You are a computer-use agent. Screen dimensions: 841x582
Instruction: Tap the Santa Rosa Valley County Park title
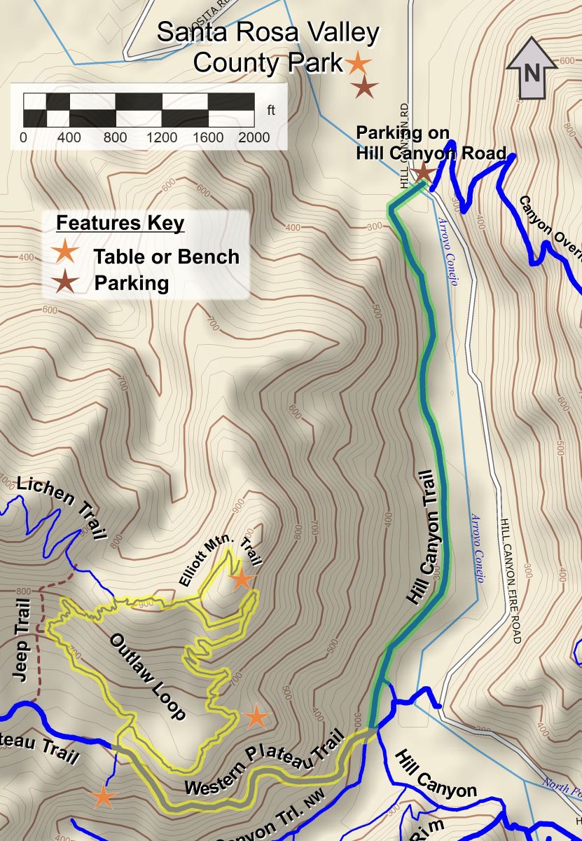[268, 48]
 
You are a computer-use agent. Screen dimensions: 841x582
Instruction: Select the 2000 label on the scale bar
[253, 137]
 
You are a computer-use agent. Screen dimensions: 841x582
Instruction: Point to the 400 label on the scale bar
[69, 137]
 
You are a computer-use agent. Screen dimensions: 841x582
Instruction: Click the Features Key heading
[120, 223]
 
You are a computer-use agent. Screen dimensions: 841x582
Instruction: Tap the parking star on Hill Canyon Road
[422, 171]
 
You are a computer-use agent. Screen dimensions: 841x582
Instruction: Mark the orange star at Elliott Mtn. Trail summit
[242, 579]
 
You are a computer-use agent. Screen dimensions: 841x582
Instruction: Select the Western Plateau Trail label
[265, 766]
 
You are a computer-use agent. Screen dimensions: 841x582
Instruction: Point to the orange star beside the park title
[358, 64]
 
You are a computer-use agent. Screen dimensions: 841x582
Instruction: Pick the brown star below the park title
[365, 88]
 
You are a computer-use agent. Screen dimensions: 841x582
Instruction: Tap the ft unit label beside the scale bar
[271, 110]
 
